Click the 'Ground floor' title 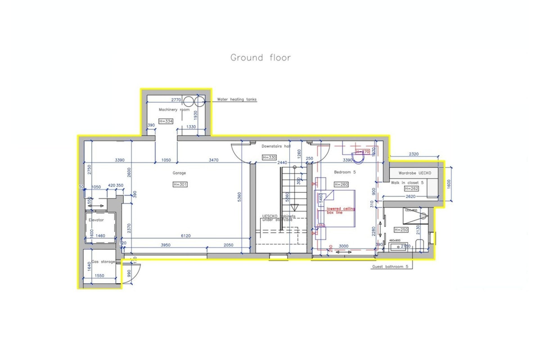(x=260, y=58)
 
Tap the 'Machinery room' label (x=174, y=110)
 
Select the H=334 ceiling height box (x=166, y=121)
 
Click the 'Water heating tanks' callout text (x=237, y=100)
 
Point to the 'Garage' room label (x=179, y=173)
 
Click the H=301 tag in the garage (x=180, y=184)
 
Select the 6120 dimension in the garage (x=186, y=236)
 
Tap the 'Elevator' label (x=96, y=220)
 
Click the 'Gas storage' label (x=103, y=262)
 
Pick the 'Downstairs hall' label (x=276, y=146)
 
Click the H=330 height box (x=269, y=157)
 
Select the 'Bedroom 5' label (x=345, y=172)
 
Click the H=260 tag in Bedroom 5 (x=341, y=184)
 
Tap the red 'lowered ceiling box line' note (x=341, y=211)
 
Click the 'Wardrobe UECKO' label (x=415, y=173)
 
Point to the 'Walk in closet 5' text (x=407, y=183)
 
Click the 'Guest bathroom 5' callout (x=390, y=267)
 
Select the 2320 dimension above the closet (x=413, y=154)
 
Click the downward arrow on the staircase (x=294, y=208)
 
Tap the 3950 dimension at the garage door (x=166, y=245)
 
